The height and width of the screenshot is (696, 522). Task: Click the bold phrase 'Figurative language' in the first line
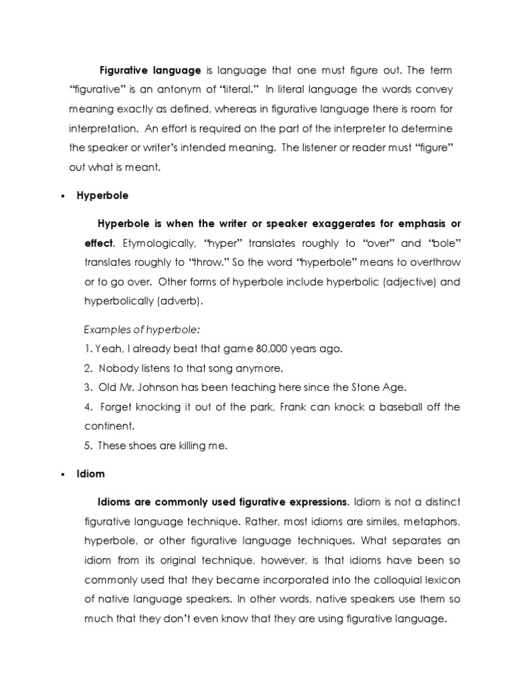[150, 71]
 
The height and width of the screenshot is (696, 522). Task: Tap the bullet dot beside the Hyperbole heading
[62, 196]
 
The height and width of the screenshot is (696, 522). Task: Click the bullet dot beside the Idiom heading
[62, 473]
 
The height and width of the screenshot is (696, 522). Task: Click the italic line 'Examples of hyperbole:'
[142, 330]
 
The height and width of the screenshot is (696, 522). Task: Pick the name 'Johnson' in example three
[164, 387]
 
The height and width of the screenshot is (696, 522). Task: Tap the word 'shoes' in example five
[140, 446]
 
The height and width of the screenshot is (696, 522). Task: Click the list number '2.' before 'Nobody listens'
[88, 368]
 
